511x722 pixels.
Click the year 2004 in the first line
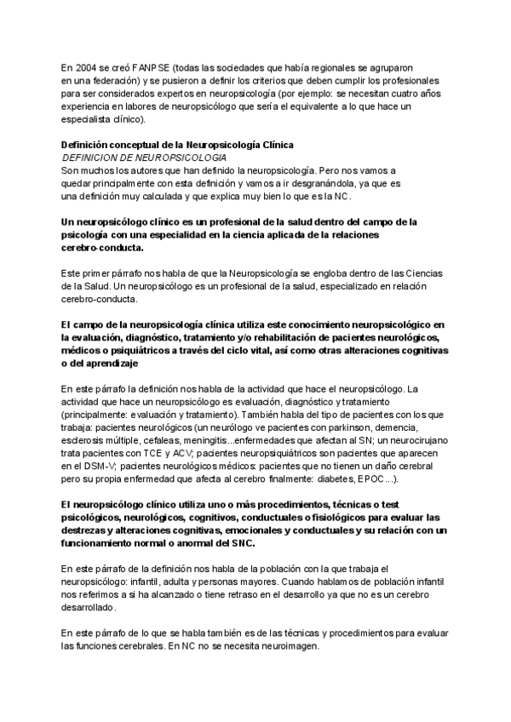coord(88,68)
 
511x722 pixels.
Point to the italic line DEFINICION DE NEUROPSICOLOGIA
coord(132,158)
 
